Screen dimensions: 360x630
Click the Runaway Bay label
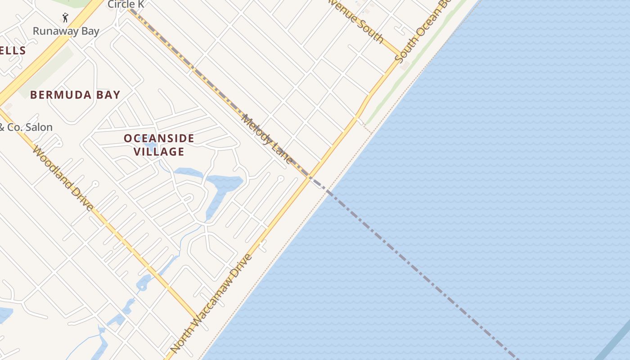66,31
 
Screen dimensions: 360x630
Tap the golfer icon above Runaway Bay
65,18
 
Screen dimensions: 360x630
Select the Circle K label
125,4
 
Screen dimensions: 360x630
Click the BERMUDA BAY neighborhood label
75,95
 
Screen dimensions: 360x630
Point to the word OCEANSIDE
159,139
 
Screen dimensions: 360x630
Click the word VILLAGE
159,152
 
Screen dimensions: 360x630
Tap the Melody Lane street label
267,139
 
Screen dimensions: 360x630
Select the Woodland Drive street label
63,178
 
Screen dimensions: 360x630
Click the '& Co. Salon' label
26,127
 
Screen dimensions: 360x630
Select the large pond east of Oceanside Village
225,184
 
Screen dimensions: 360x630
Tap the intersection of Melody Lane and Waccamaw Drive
309,176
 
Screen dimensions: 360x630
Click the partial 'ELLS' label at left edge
13,50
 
